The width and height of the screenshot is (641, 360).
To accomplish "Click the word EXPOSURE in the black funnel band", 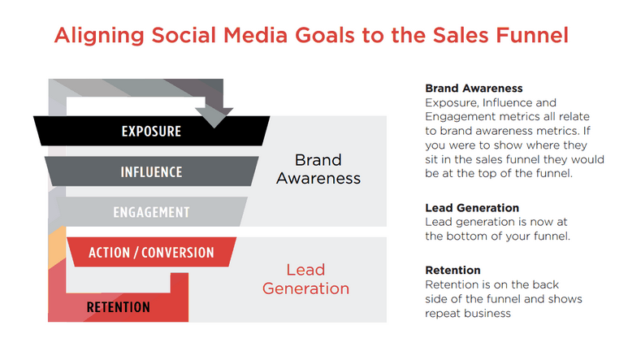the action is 151,132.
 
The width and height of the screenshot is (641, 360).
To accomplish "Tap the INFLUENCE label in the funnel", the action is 151,172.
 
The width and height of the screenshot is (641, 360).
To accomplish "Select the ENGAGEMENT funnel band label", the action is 151,212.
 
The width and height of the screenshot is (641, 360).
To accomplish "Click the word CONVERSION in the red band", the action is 178,253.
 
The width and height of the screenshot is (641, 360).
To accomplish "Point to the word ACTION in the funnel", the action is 109,253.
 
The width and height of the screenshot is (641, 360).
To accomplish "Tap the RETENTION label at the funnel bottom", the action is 118,307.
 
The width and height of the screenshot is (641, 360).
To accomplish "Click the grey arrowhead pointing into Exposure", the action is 214,117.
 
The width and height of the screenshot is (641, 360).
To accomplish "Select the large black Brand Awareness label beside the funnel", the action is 318,169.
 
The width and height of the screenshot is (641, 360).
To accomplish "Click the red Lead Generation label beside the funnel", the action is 305,279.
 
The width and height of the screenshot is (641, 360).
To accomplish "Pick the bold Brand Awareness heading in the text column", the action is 474,89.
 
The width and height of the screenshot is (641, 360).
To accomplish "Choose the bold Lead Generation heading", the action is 472,208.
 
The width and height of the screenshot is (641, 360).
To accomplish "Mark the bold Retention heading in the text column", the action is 453,271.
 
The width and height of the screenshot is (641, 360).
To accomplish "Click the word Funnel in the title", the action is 532,35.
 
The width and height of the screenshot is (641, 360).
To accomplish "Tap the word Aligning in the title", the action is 99,36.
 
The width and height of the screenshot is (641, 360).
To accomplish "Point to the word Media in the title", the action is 255,35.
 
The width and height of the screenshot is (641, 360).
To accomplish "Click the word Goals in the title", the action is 325,35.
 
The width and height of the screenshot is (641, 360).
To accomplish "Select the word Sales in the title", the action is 461,35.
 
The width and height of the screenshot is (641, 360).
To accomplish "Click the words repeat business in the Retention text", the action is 468,314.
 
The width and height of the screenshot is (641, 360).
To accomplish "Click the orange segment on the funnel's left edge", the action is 57,247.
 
